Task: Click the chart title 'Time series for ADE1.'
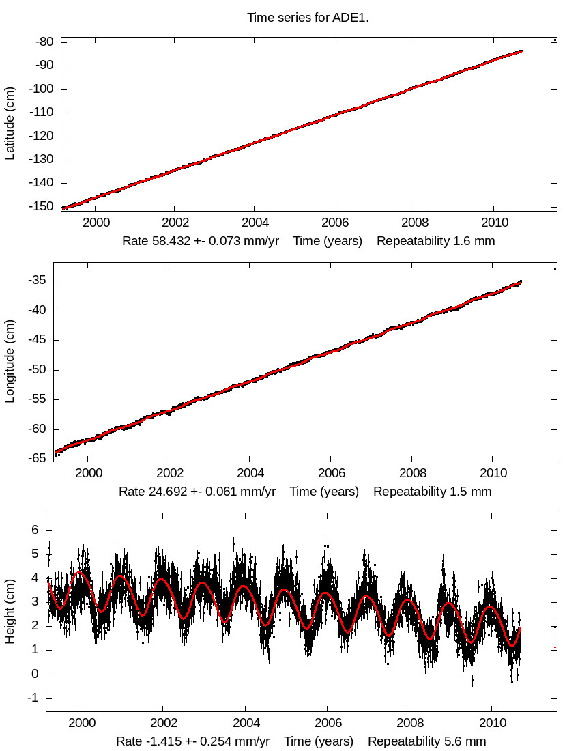coord(308,18)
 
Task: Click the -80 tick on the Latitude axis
coord(45,42)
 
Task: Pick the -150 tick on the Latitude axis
coord(42,207)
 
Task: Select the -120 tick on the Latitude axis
coord(42,137)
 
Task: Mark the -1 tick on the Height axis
coord(30,698)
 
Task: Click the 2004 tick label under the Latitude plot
coord(254,223)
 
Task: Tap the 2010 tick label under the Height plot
coord(492,724)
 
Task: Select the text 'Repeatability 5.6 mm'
coord(426,741)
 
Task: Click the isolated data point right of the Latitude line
coord(555,40)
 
